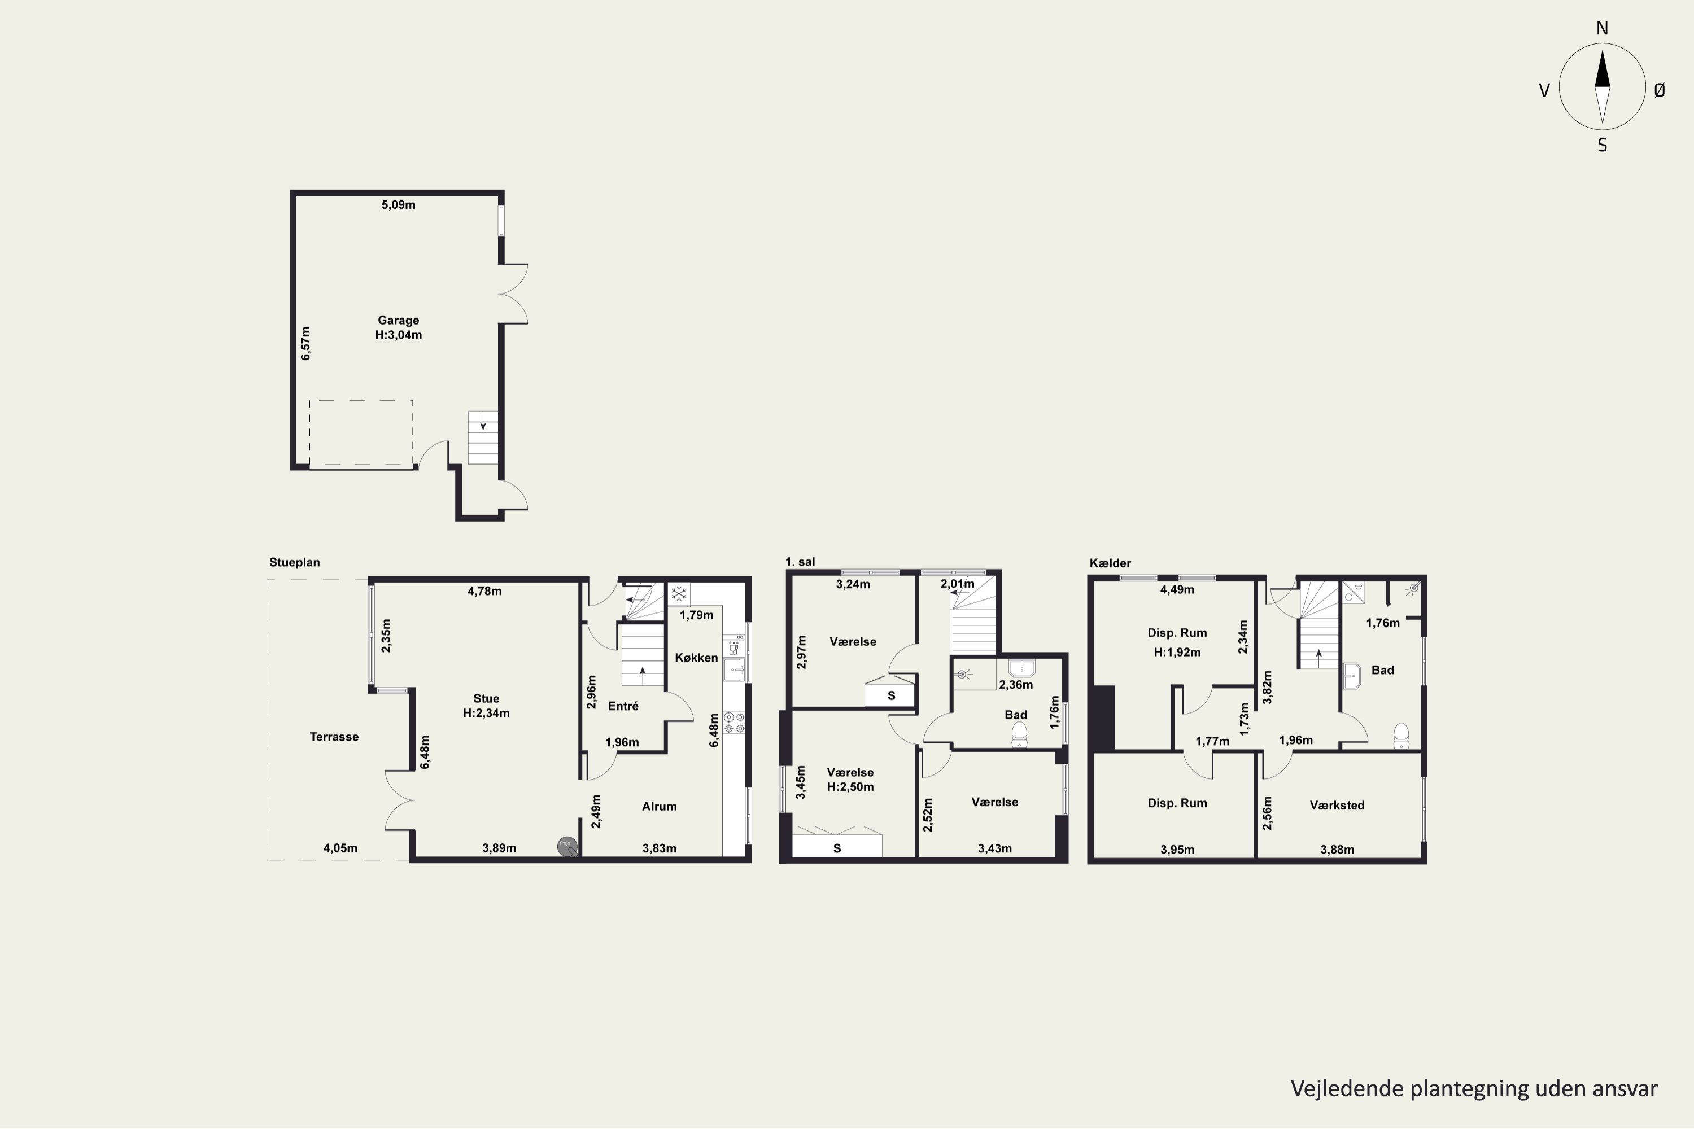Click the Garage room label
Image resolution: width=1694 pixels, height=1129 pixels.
(398, 321)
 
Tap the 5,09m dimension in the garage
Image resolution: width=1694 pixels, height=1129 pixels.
(398, 205)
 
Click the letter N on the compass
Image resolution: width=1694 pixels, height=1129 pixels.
(1602, 29)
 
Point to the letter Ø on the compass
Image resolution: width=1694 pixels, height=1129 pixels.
(1660, 90)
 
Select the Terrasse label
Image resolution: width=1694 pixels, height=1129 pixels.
(334, 737)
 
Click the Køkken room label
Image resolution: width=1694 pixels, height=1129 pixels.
(696, 658)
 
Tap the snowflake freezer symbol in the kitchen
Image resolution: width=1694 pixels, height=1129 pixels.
(679, 594)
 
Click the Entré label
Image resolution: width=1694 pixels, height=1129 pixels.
(623, 706)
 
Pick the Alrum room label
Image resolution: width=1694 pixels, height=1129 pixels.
(659, 807)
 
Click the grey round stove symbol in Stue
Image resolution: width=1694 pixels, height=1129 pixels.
(567, 847)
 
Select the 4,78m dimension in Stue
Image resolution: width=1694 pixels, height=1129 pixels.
(484, 591)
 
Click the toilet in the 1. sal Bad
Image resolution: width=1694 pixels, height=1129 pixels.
(1019, 734)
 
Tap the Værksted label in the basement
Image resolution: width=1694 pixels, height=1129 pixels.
(1337, 805)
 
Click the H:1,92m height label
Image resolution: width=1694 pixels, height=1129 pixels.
(1177, 653)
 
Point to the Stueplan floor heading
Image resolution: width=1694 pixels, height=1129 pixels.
(295, 562)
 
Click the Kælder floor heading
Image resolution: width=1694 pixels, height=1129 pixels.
(1110, 563)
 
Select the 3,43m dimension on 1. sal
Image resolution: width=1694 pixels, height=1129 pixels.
(994, 849)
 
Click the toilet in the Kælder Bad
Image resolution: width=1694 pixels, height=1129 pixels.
(1401, 736)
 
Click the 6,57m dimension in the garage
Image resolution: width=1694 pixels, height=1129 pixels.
(305, 343)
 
